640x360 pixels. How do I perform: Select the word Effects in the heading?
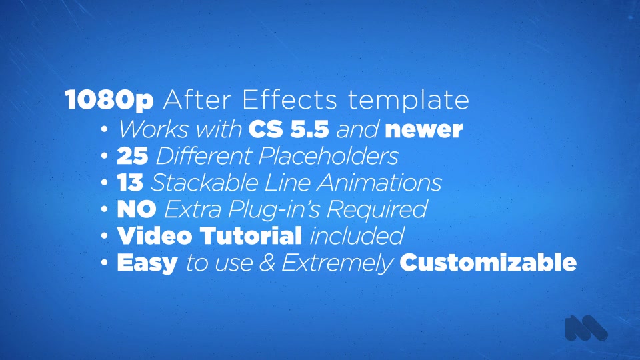[x=290, y=99]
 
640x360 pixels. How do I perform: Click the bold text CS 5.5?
[x=289, y=129]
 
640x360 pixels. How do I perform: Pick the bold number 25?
[x=132, y=155]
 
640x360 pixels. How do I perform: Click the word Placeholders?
[x=328, y=155]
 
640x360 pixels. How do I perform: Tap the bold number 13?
[x=130, y=182]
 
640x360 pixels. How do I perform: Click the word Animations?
[x=379, y=182]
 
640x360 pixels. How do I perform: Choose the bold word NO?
[x=136, y=209]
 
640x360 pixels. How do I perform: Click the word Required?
[x=377, y=209]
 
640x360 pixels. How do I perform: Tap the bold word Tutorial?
[x=251, y=235]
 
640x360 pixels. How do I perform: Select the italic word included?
[x=357, y=235]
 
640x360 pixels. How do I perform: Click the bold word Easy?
[x=147, y=263]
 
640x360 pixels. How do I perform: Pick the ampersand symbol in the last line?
[x=267, y=263]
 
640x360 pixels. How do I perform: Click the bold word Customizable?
[x=488, y=262]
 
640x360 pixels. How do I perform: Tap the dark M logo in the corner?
[x=586, y=328]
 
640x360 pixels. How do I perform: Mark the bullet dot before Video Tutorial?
[x=105, y=236]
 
